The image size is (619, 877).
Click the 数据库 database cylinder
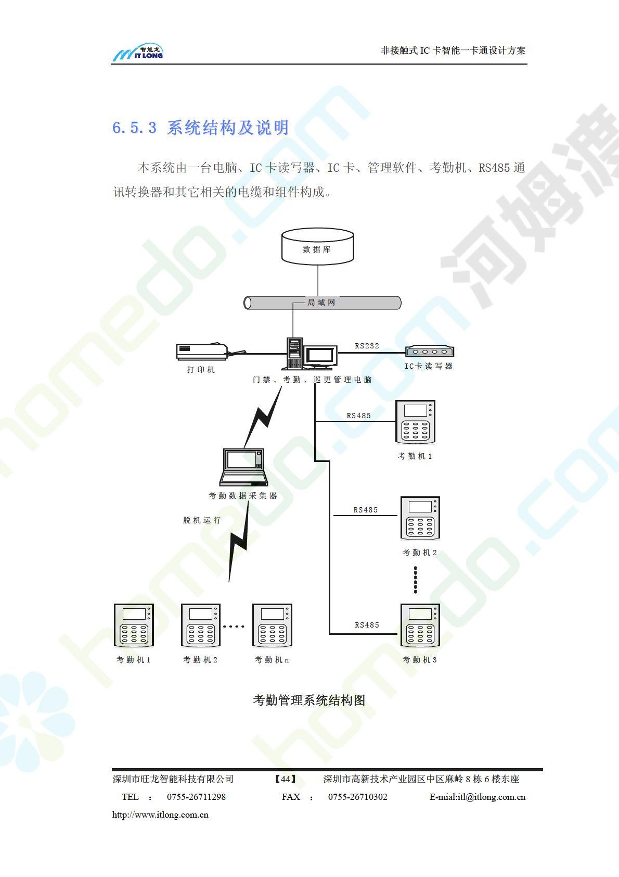click(317, 246)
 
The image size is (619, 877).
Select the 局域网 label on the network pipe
click(321, 303)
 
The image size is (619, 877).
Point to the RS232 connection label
click(367, 346)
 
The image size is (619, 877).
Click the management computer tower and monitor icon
click(311, 354)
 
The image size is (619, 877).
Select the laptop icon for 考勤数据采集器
click(243, 467)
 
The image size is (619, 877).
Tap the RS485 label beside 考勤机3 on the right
click(367, 625)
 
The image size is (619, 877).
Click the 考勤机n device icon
click(272, 625)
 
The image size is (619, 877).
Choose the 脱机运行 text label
click(202, 520)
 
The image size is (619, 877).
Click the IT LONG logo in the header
click(138, 52)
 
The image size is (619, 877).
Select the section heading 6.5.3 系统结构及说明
click(200, 128)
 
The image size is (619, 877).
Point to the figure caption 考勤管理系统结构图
click(308, 700)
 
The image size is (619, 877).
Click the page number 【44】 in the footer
click(285, 779)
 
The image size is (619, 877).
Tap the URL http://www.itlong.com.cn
click(160, 815)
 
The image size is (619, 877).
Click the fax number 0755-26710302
click(357, 797)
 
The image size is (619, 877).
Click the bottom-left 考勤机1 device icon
click(134, 625)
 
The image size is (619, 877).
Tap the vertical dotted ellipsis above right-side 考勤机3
click(415, 580)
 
